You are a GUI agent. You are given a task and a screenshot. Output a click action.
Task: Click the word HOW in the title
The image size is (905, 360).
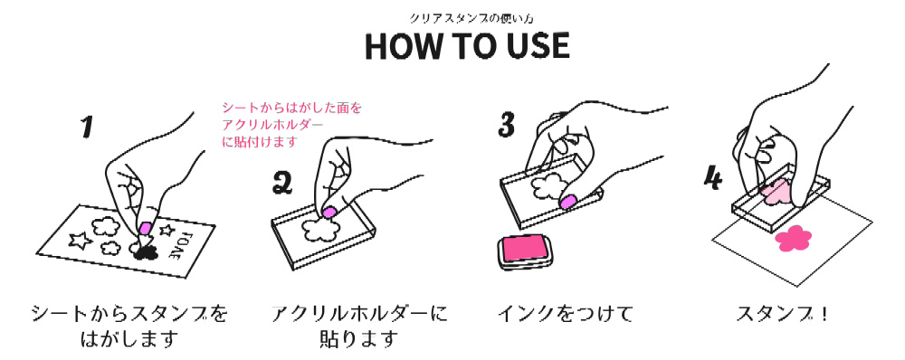click(399, 46)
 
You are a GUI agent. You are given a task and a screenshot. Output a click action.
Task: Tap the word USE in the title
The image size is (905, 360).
click(536, 46)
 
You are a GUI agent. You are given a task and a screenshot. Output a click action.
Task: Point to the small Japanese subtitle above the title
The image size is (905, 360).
click(467, 18)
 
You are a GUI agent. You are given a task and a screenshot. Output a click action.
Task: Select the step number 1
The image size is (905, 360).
click(86, 127)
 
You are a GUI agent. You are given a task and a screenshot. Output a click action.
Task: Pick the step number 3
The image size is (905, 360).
click(506, 124)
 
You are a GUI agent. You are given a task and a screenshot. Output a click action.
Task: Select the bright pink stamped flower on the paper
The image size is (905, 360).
click(793, 238)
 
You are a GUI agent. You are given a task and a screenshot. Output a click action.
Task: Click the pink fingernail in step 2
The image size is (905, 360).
click(329, 212)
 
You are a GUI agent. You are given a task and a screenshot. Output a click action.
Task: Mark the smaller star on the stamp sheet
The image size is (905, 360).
click(167, 230)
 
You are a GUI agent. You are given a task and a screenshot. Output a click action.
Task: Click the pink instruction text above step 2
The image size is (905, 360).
click(291, 124)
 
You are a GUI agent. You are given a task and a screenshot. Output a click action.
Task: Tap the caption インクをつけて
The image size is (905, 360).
click(565, 314)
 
